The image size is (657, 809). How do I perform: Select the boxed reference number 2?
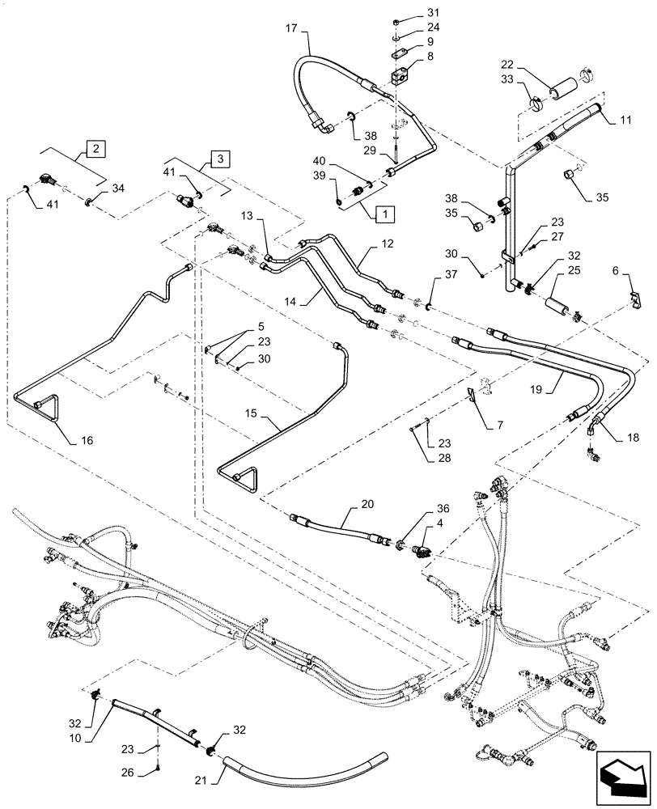click(95, 149)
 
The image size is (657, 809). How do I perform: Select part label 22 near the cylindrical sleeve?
click(507, 65)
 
